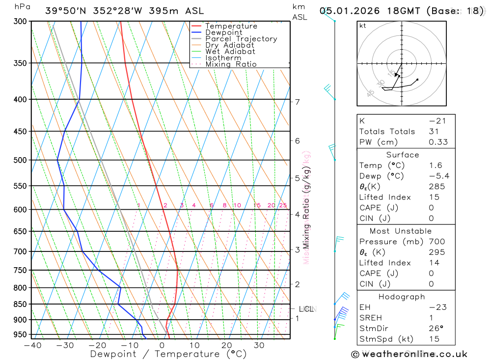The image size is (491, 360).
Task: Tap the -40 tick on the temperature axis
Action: [x=32, y=345]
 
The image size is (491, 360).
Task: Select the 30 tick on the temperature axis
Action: [x=259, y=345]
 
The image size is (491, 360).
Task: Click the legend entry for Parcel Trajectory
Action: [x=241, y=39]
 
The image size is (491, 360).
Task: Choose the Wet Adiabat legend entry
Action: [x=230, y=52]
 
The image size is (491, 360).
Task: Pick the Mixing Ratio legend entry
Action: [x=231, y=64]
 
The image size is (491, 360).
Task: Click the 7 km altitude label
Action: [x=297, y=102]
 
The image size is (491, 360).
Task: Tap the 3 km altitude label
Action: [x=297, y=250]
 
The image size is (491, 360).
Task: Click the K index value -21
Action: [x=437, y=121]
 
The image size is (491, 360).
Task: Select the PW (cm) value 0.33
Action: [x=438, y=142]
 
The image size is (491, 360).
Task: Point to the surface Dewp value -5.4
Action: [x=438, y=176]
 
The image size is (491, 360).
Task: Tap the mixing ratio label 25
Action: [x=282, y=205]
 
